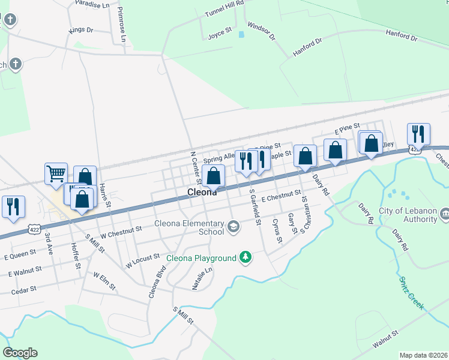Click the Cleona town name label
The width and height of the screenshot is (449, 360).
(x=202, y=193)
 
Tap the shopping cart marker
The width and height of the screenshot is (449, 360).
(x=56, y=174)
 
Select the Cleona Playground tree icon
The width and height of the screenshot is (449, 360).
(x=245, y=257)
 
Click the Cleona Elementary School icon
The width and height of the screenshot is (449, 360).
(x=233, y=227)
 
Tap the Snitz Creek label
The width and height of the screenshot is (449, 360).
(x=411, y=292)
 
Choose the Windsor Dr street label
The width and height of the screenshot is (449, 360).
(x=261, y=31)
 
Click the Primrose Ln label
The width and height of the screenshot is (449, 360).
(x=122, y=25)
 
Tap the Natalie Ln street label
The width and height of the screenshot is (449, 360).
(x=202, y=279)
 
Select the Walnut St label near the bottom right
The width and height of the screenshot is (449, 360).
(x=385, y=339)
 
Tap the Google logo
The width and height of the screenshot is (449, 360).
(x=20, y=352)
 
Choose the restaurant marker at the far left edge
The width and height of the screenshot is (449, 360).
(x=11, y=206)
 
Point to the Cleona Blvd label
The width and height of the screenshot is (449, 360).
(x=156, y=282)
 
